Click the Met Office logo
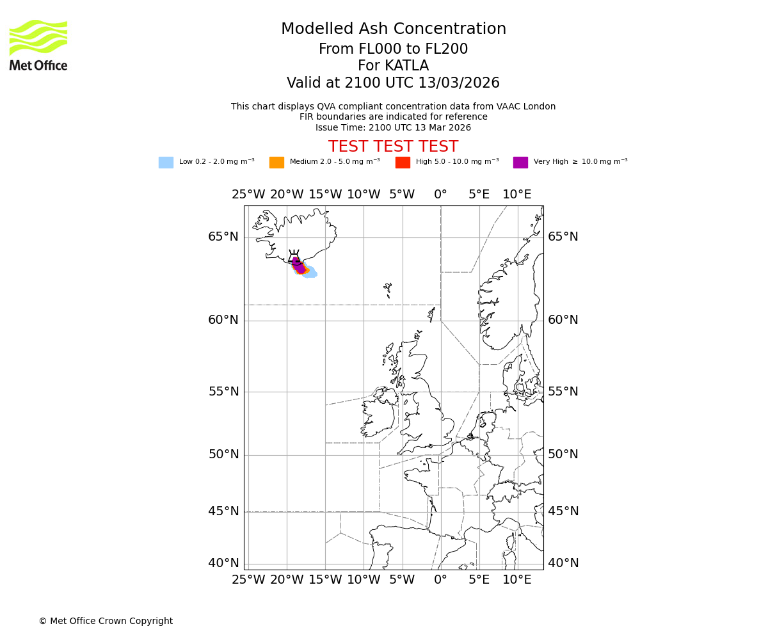pyautogui.click(x=38, y=45)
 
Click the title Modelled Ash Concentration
pyautogui.click(x=393, y=29)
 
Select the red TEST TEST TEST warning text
pyautogui.click(x=393, y=147)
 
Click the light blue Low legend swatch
pyautogui.click(x=166, y=163)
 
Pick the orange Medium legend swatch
pyautogui.click(x=276, y=163)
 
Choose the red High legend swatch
pyautogui.click(x=403, y=163)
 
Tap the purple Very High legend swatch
pyautogui.click(x=520, y=163)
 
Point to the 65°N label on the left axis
pyautogui.click(x=223, y=237)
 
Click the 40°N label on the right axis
pyautogui.click(x=563, y=563)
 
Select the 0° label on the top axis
pyautogui.click(x=440, y=195)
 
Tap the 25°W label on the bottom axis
pyautogui.click(x=248, y=580)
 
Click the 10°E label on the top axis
pyautogui.click(x=516, y=195)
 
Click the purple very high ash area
pyautogui.click(x=299, y=266)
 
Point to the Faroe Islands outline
pyautogui.click(x=388, y=290)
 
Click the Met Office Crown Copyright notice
pyautogui.click(x=106, y=621)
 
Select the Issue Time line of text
pyautogui.click(x=393, y=127)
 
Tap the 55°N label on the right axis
pyautogui.click(x=563, y=392)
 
